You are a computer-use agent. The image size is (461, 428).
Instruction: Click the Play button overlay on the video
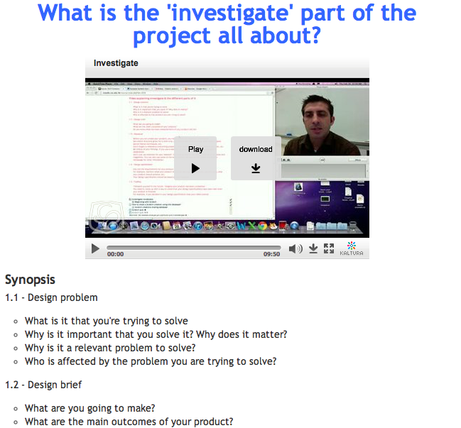(x=196, y=158)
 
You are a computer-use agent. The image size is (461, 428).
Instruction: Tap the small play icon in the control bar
(x=95, y=249)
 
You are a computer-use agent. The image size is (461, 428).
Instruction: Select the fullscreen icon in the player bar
(x=329, y=248)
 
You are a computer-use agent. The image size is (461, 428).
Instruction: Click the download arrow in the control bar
(x=313, y=249)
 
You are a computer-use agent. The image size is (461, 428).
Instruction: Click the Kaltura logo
(x=352, y=248)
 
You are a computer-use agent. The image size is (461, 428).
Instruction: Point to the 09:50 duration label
(x=271, y=254)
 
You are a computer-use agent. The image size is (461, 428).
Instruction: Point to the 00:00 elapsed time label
(x=115, y=254)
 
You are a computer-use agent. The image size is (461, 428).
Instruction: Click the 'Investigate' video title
(x=116, y=63)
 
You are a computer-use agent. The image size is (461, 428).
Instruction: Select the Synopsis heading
(x=30, y=280)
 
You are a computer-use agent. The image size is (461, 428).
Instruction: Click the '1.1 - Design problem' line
(x=51, y=297)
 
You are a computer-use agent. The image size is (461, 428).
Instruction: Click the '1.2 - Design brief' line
(x=43, y=385)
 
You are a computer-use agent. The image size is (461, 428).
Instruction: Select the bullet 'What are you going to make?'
(x=90, y=407)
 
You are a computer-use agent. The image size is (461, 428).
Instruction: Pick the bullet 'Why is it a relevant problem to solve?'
(x=110, y=348)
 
